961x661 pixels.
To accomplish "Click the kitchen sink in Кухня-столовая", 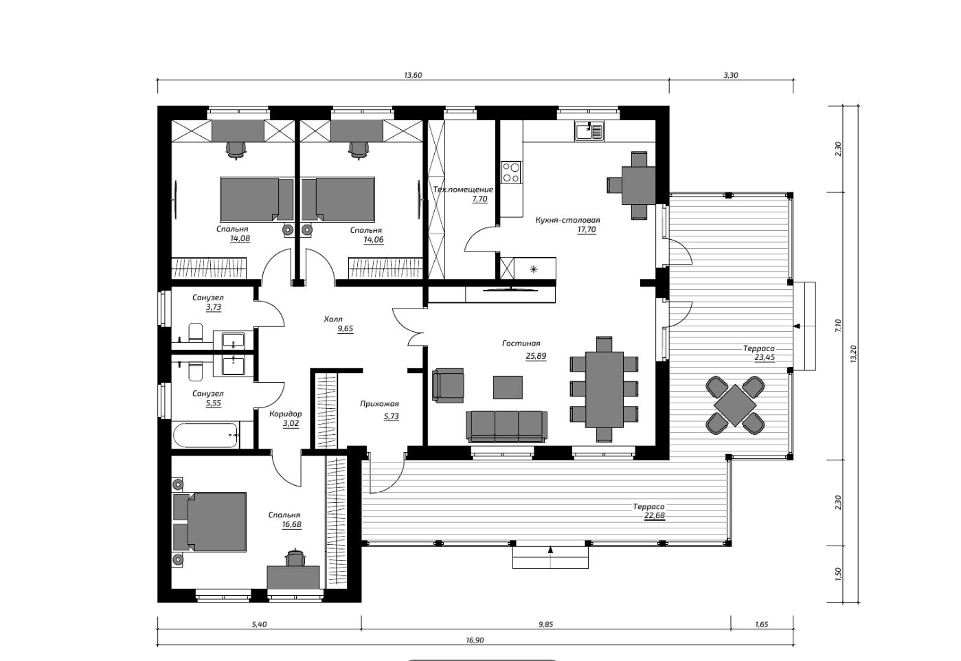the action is point(589,131).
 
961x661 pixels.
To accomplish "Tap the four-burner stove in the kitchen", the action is point(511,172).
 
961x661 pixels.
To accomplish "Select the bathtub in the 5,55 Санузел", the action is point(206,435).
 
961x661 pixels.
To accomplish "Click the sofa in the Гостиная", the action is point(507,426).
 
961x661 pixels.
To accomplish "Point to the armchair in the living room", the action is point(448,385).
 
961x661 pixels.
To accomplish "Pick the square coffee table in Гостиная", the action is point(508,387).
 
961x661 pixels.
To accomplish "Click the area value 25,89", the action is point(536,356).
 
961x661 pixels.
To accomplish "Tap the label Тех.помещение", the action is point(463,189).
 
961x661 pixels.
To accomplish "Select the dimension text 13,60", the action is point(413,75).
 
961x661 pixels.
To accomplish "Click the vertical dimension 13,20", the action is point(853,354).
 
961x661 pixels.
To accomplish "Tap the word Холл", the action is point(333,319).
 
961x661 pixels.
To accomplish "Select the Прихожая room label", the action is point(379,404).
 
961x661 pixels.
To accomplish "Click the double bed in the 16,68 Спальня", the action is point(210,522).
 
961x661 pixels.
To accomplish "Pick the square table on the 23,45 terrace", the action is point(735,405).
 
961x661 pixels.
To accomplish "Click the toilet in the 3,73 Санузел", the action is point(196,333).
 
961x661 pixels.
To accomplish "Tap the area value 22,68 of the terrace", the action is point(654,516).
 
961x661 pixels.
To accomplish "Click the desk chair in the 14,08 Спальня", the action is point(236,150).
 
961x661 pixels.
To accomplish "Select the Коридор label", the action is point(286,414).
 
